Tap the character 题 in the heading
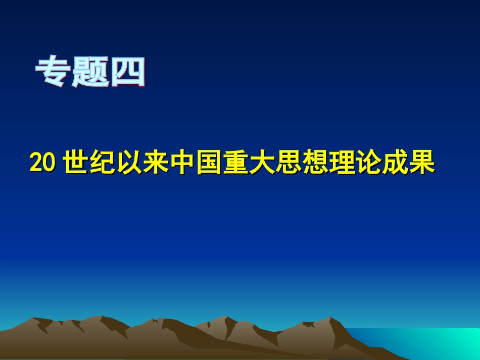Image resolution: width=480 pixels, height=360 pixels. point(91,73)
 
